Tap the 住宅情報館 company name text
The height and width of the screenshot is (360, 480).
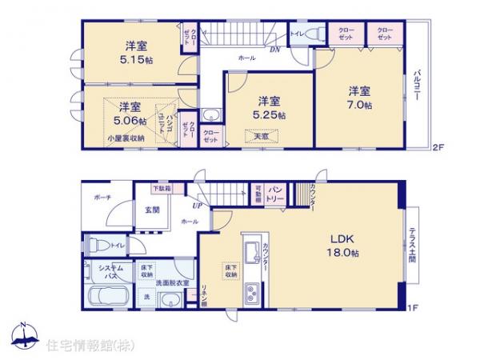88,345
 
